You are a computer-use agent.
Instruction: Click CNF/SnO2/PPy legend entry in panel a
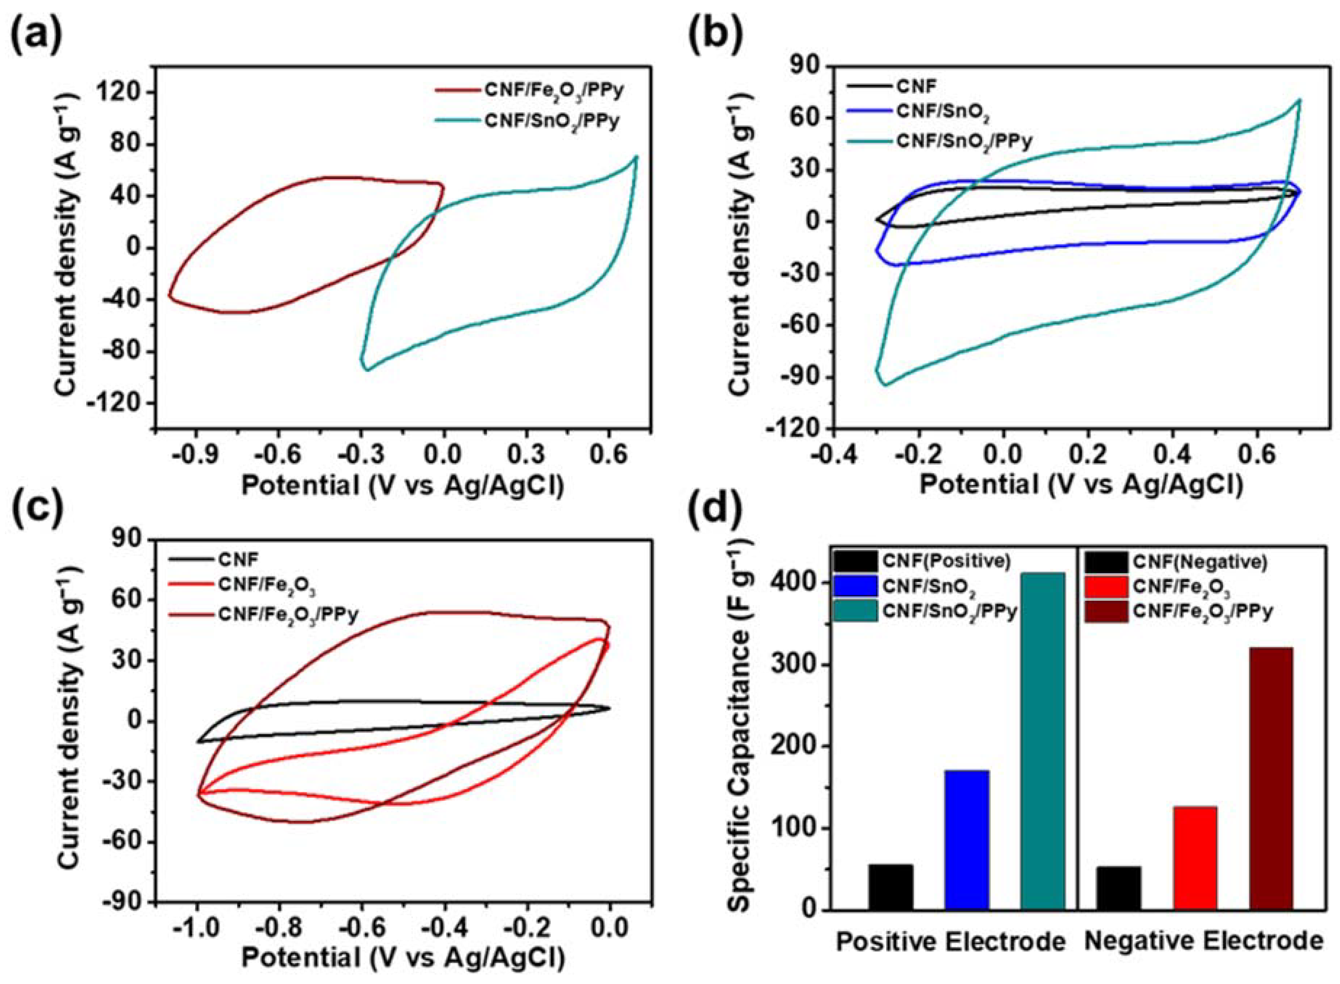pos(551,121)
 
